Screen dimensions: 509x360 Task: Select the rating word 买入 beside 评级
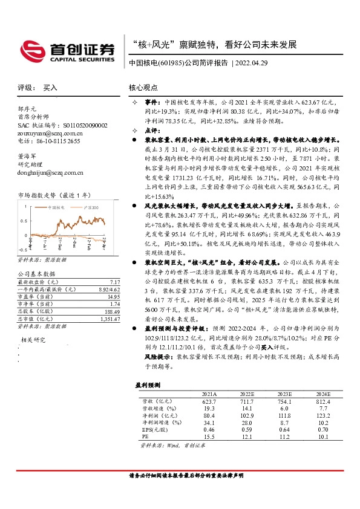[x=50, y=88]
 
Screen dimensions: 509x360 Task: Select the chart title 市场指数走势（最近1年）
[x=54, y=195]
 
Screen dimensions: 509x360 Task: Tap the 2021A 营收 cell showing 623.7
[x=208, y=401]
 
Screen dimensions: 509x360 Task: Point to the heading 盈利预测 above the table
[x=146, y=384]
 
